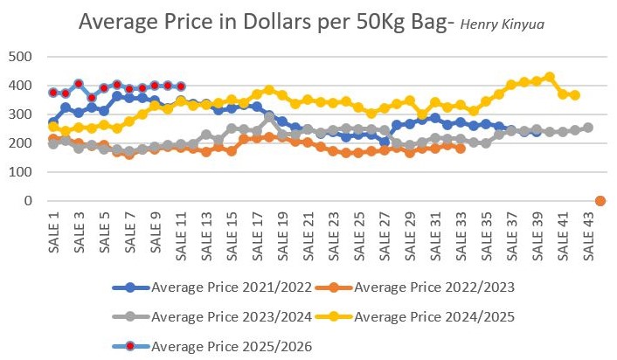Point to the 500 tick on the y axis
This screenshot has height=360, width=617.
(x=20, y=58)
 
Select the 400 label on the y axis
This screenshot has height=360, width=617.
(x=20, y=87)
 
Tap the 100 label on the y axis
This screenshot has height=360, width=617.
(x=20, y=172)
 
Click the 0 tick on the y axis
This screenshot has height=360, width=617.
(x=29, y=201)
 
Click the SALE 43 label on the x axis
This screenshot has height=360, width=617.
(x=588, y=235)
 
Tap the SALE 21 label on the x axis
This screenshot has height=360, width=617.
(x=308, y=235)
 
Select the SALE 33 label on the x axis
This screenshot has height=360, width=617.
(x=461, y=235)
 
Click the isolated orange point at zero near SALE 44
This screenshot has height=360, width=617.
(x=600, y=201)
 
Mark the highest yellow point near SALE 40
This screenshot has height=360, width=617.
(x=550, y=77)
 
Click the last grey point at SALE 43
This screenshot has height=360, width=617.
(x=588, y=128)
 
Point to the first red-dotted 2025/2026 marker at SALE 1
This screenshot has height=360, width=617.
(x=53, y=93)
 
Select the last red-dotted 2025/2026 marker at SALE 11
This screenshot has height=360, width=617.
(x=181, y=87)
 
